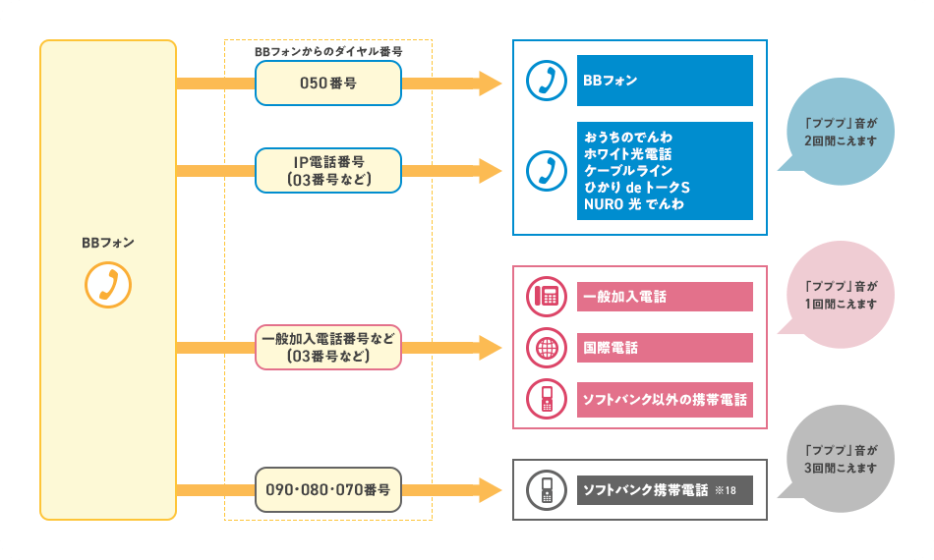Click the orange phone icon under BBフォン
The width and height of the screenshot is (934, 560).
pyautogui.click(x=108, y=285)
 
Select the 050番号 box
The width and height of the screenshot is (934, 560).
pyautogui.click(x=328, y=84)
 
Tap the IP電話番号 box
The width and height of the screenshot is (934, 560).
pyautogui.click(x=328, y=170)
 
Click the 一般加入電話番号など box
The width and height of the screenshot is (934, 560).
pyautogui.click(x=328, y=347)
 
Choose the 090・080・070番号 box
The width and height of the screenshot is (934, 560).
pyautogui.click(x=328, y=489)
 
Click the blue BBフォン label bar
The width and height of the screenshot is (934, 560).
pyautogui.click(x=664, y=81)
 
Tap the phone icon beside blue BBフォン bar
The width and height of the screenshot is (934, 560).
pyautogui.click(x=545, y=81)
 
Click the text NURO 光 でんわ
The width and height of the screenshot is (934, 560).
pyautogui.click(x=633, y=204)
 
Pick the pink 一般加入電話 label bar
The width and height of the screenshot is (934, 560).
pyautogui.click(x=664, y=296)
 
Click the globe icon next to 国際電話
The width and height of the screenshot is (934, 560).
pyautogui.click(x=545, y=348)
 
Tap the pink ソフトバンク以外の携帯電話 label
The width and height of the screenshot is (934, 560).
pyautogui.click(x=664, y=400)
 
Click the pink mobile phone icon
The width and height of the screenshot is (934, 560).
pyautogui.click(x=545, y=400)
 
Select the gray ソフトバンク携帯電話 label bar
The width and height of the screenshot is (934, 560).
pyautogui.click(x=664, y=489)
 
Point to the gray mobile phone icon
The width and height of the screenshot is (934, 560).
pyautogui.click(x=545, y=489)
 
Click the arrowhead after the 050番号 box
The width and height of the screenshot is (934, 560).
pyautogui.click(x=490, y=84)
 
